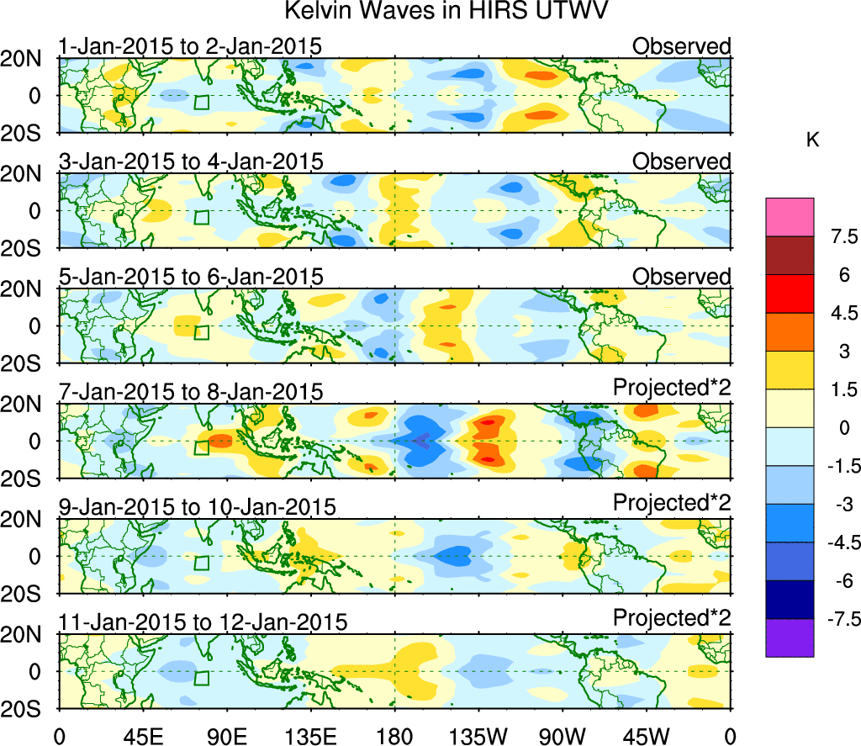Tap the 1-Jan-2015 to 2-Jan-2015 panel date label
[x=191, y=46]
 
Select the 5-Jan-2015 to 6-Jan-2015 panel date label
[x=191, y=277]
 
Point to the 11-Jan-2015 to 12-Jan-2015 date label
[x=203, y=622]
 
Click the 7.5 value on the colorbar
[x=837, y=235]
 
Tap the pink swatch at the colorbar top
[x=790, y=216]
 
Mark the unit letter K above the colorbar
[x=812, y=141]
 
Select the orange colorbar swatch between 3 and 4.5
[x=790, y=331]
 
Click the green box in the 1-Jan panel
[x=201, y=103]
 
